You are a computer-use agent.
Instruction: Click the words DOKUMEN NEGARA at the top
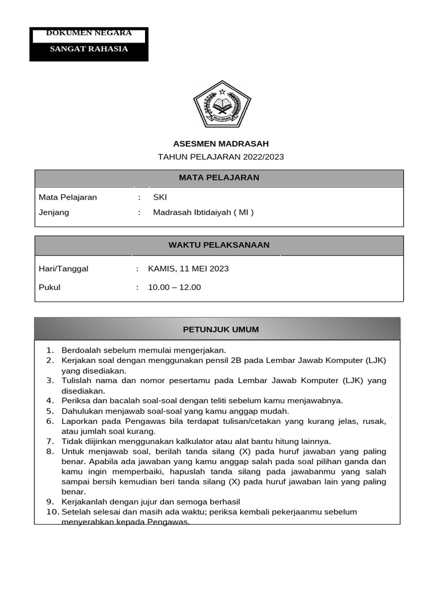tap(89, 33)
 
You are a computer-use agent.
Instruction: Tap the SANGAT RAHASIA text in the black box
tap(89, 49)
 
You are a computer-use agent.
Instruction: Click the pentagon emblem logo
tap(222, 105)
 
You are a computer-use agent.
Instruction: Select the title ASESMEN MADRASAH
tap(221, 144)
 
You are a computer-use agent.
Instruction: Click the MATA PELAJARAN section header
tap(219, 178)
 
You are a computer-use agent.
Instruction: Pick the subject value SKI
tap(159, 197)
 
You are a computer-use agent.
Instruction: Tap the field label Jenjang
tap(54, 212)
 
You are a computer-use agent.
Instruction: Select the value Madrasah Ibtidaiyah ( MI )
tap(203, 212)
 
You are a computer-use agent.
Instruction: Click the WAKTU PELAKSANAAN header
tap(219, 245)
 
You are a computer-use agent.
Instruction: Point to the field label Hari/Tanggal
tap(63, 269)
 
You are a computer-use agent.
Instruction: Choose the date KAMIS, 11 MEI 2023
tap(188, 269)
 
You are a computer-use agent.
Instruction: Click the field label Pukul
tap(49, 287)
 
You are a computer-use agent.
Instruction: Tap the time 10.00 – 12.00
tap(174, 287)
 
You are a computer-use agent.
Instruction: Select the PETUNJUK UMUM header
tap(220, 330)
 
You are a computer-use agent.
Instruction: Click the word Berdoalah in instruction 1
tap(81, 350)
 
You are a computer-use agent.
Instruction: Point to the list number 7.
tap(49, 441)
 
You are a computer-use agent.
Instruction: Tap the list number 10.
tap(52, 512)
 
